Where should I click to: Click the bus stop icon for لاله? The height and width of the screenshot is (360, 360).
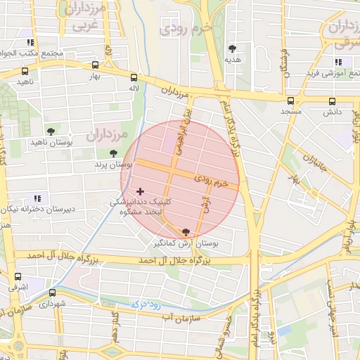pos(134,77)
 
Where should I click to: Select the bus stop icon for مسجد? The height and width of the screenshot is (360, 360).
pos(291,101)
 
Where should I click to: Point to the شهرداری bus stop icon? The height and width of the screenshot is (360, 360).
pos(52,293)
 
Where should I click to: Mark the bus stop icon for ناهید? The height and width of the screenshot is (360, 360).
pos(25,71)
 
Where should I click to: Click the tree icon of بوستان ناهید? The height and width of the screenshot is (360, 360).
pos(51,131)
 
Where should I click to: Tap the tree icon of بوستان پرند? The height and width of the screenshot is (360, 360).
pos(114,153)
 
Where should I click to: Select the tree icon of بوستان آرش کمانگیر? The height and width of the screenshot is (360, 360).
pos(186,231)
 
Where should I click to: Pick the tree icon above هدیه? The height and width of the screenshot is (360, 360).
pos(232,49)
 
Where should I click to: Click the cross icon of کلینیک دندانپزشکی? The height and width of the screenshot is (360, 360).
pos(141,191)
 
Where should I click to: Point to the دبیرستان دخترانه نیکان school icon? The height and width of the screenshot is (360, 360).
pos(37,199)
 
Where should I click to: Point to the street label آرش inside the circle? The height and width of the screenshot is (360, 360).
pos(205,203)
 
